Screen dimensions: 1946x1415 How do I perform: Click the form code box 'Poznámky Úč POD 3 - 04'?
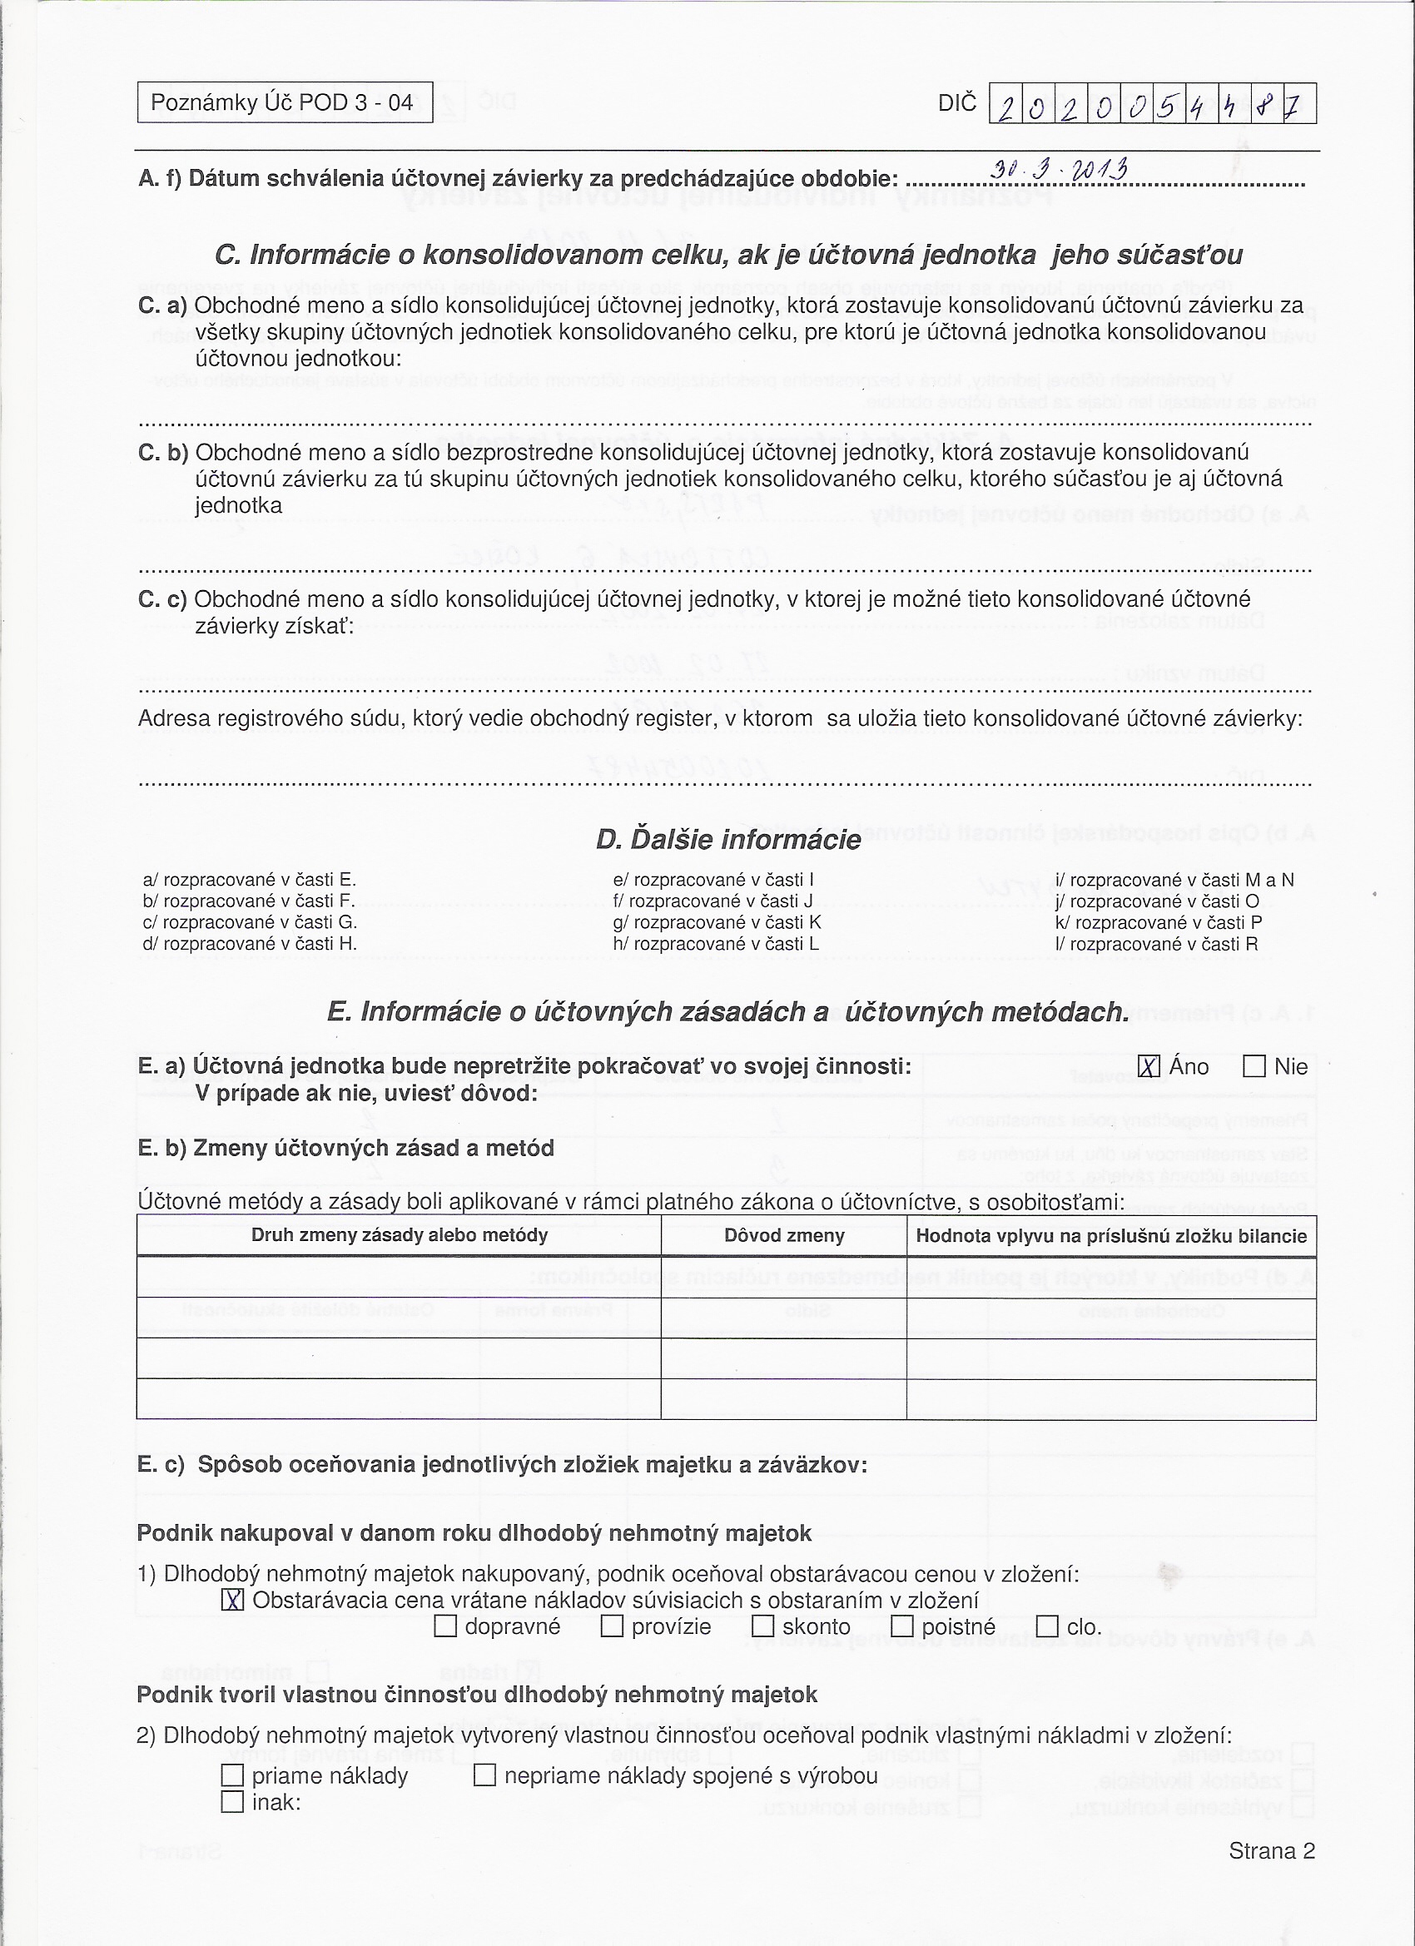tap(284, 103)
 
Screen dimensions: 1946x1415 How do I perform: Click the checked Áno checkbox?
tap(1149, 1066)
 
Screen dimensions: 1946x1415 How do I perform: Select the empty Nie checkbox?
tap(1254, 1066)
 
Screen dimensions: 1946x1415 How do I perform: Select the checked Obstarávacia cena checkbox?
tap(232, 1601)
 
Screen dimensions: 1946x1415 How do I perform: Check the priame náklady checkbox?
tap(232, 1775)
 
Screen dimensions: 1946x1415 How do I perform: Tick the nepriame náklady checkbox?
tap(484, 1775)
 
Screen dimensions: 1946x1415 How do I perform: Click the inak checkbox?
tap(232, 1802)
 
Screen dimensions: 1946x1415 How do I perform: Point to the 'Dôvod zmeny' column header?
tap(784, 1235)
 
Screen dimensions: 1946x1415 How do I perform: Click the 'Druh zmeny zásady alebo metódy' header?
tap(399, 1235)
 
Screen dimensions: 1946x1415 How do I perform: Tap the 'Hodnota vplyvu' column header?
tap(1111, 1236)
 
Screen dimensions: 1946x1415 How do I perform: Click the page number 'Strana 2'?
tap(1272, 1852)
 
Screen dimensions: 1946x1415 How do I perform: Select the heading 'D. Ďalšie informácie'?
tap(728, 839)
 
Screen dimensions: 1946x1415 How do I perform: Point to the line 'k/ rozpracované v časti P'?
tap(1159, 922)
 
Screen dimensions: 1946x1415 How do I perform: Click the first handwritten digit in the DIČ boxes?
tap(1005, 107)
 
